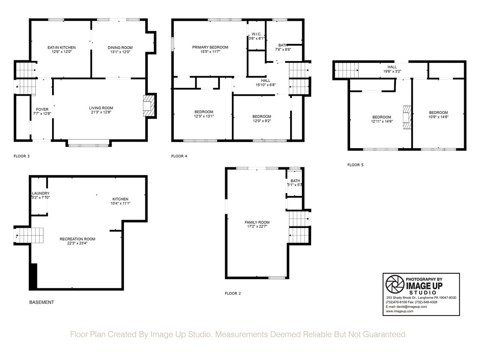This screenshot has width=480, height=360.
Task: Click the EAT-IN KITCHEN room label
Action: [x=62, y=47]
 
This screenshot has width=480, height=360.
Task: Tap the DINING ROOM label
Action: [x=120, y=47]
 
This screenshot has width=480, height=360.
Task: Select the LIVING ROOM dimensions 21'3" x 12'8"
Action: [x=101, y=112]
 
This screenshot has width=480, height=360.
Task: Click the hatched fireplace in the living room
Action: [x=148, y=106]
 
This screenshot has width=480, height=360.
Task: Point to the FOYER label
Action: [x=42, y=109]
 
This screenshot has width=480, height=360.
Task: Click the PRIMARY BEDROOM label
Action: [x=210, y=47]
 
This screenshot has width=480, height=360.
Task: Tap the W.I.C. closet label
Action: [x=256, y=34]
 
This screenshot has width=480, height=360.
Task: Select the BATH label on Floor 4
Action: [x=283, y=45]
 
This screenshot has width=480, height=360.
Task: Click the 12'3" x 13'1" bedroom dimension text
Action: [x=204, y=117]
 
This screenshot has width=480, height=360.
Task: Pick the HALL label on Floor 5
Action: [x=392, y=67]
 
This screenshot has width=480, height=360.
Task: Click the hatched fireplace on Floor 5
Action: [x=407, y=117]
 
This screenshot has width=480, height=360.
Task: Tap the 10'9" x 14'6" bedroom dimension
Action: [x=438, y=117]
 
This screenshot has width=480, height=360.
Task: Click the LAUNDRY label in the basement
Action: [x=41, y=193]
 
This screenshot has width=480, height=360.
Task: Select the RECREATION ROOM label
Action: [x=77, y=239]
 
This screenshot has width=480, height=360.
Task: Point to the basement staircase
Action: [x=29, y=235]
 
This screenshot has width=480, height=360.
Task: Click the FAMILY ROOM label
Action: [x=257, y=222]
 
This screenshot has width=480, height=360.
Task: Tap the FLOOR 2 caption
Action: [x=233, y=293]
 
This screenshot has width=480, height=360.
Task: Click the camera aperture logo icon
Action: [x=395, y=284]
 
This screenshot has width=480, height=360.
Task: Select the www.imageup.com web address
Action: [x=400, y=311]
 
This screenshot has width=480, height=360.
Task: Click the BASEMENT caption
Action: [x=42, y=302]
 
